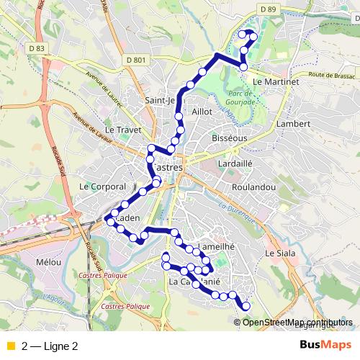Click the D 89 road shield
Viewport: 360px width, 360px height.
(269, 9)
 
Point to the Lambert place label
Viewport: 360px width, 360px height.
(292, 124)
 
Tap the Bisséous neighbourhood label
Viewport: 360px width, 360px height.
(230, 137)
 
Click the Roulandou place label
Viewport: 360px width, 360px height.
(250, 186)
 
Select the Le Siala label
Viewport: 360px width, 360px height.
(280, 253)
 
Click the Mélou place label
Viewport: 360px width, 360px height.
(48, 263)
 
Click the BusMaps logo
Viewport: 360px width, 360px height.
(325, 345)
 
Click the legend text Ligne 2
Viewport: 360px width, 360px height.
(60, 346)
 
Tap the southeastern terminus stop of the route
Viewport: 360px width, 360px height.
(246, 306)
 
